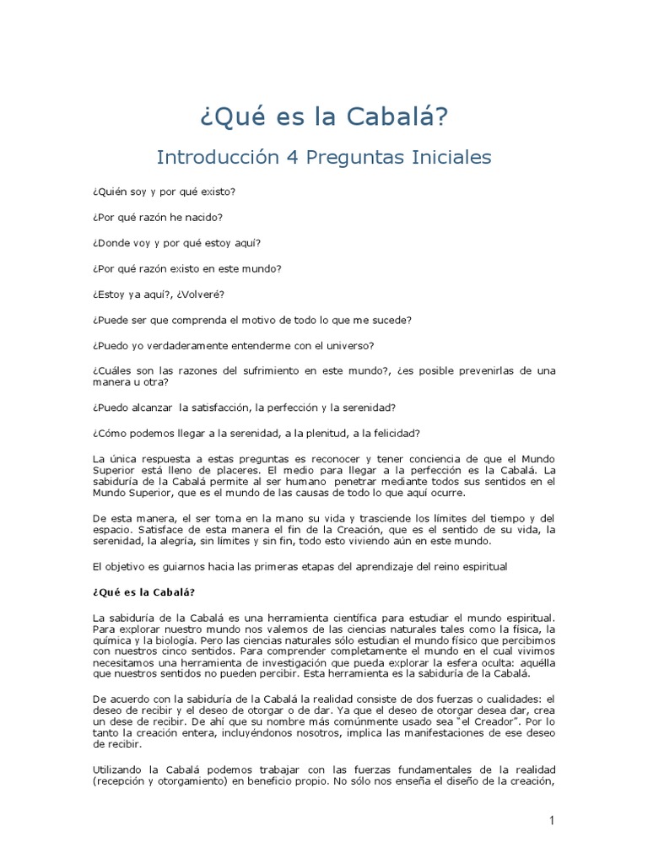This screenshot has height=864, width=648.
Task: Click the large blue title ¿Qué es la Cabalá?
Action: (x=324, y=116)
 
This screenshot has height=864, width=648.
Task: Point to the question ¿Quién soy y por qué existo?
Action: (x=164, y=192)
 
